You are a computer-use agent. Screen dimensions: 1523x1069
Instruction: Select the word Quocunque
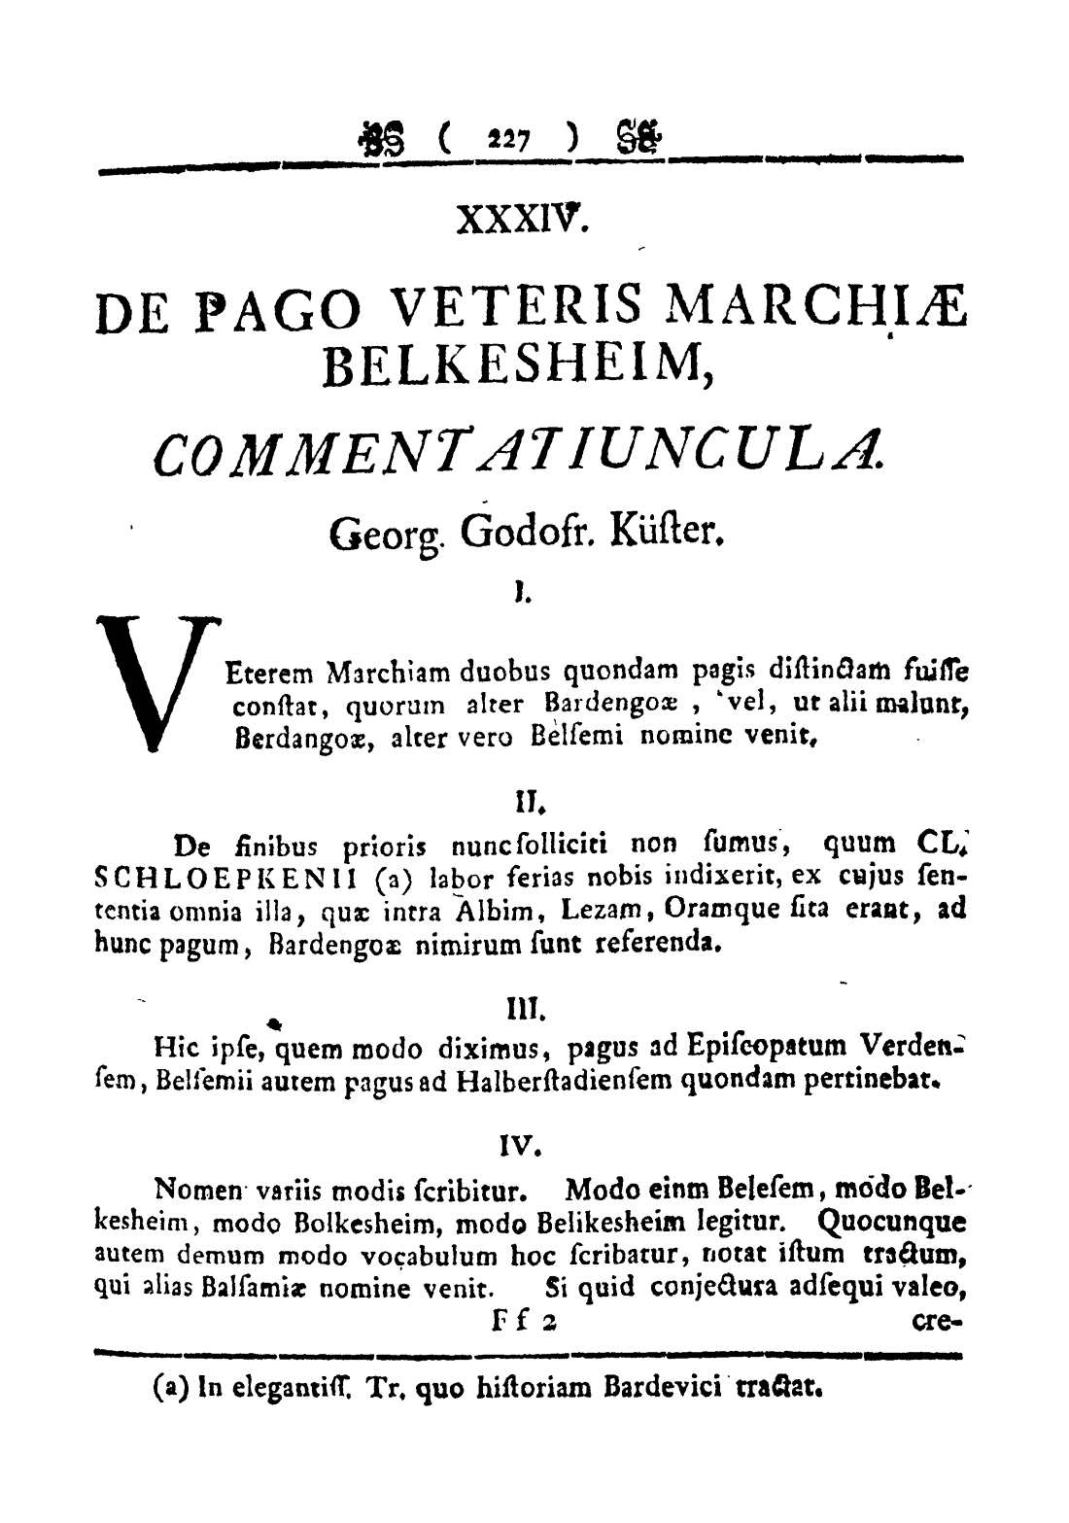coord(890,1219)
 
